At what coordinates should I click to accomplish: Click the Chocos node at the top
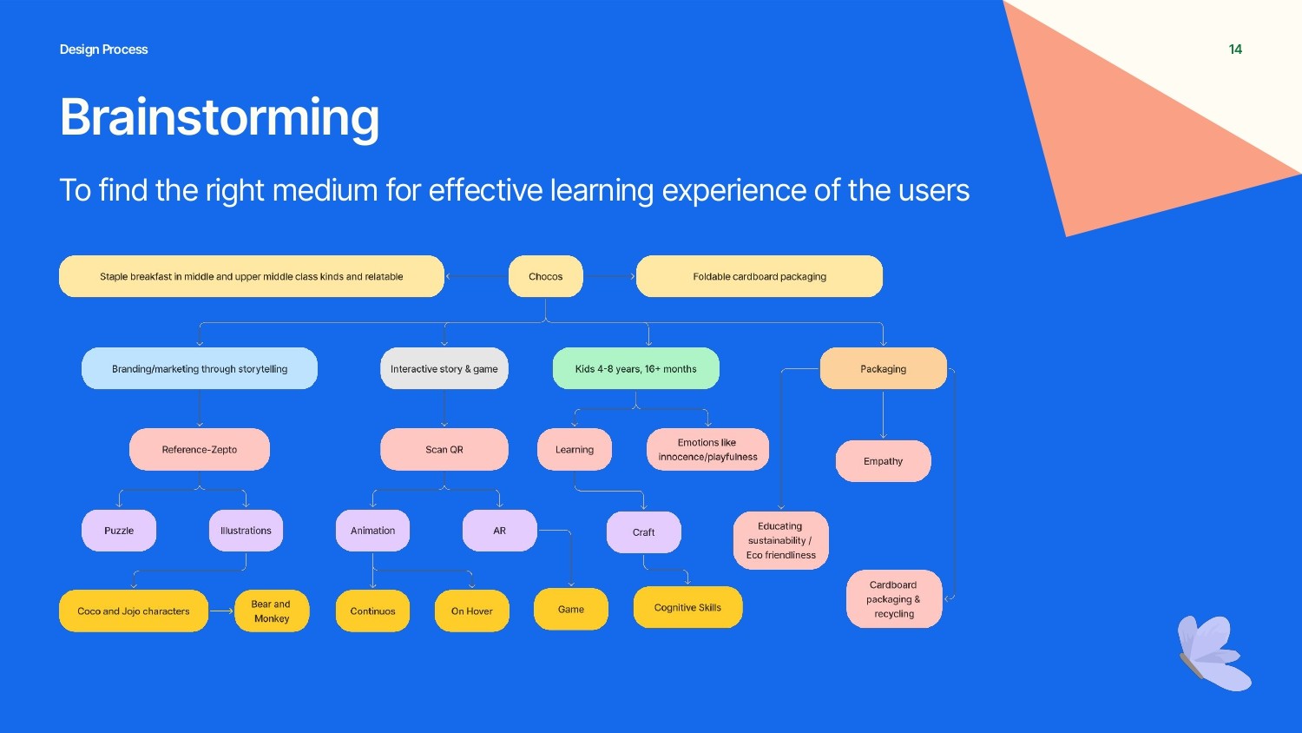pos(545,276)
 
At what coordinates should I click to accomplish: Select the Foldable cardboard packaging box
pos(759,276)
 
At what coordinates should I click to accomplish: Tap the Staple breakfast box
pos(251,276)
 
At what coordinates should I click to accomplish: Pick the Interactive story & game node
pos(444,368)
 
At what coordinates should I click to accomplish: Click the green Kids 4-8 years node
pos(635,368)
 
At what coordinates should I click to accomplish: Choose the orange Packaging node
pos(883,368)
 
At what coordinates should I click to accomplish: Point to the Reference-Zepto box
pos(199,449)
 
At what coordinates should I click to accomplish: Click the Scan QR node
pos(444,449)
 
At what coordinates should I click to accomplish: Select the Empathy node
pos(883,460)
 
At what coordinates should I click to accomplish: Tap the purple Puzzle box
pos(119,530)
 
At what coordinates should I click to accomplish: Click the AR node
pos(499,530)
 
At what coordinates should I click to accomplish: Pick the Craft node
pos(643,532)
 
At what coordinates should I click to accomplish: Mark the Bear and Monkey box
pos(271,611)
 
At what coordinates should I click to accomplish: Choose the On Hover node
pos(471,611)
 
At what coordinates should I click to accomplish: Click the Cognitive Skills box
pos(687,607)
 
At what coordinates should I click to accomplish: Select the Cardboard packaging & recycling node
pos(893,598)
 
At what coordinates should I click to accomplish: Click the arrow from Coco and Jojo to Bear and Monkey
pos(221,611)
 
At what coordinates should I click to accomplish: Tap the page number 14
pos(1235,50)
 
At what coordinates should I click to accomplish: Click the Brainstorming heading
pos(220,116)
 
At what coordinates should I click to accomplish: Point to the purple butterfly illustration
pos(1213,652)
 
